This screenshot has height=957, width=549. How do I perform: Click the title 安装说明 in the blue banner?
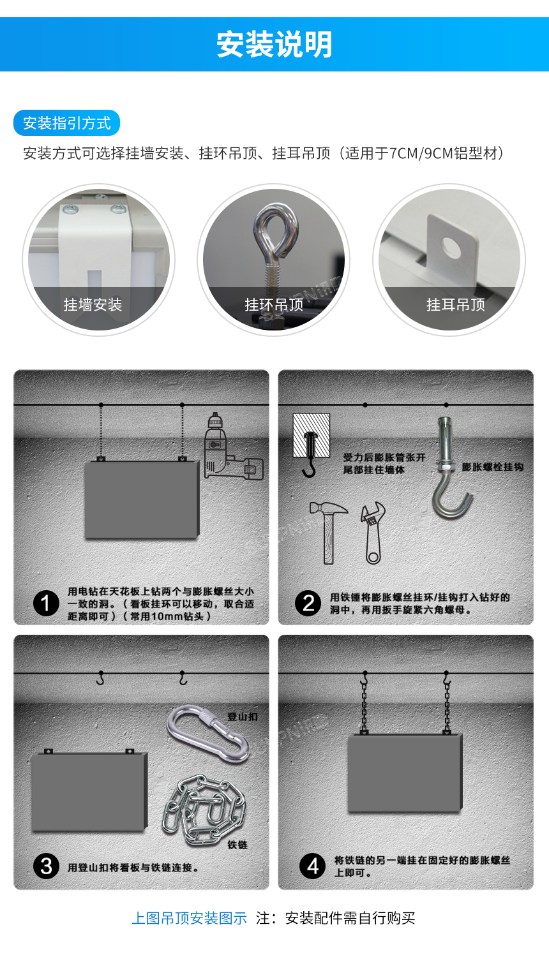point(274,45)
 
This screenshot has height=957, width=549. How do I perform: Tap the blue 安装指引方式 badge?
point(66,123)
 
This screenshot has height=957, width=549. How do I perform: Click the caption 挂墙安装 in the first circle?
point(93,304)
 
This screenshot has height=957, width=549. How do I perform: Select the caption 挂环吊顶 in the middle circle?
point(274,304)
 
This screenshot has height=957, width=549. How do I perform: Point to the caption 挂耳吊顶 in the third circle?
point(456,304)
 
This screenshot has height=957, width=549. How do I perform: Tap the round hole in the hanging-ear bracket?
point(451,248)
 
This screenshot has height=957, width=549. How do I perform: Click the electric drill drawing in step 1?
point(233,446)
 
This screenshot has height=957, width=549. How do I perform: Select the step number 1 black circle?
point(46,604)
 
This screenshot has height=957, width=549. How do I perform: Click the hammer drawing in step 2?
point(328,532)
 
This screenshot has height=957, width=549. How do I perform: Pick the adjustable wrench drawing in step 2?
point(373,532)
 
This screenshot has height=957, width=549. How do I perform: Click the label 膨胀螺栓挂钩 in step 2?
point(493,467)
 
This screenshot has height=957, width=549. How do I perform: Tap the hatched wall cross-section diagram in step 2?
point(312,435)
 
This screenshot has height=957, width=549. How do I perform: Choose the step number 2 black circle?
point(308,604)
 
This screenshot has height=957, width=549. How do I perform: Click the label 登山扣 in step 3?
point(243,716)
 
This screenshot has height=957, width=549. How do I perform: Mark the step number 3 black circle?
point(46,866)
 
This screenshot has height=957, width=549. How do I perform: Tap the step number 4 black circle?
point(313,866)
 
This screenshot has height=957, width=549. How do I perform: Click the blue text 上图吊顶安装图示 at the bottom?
point(190,917)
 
